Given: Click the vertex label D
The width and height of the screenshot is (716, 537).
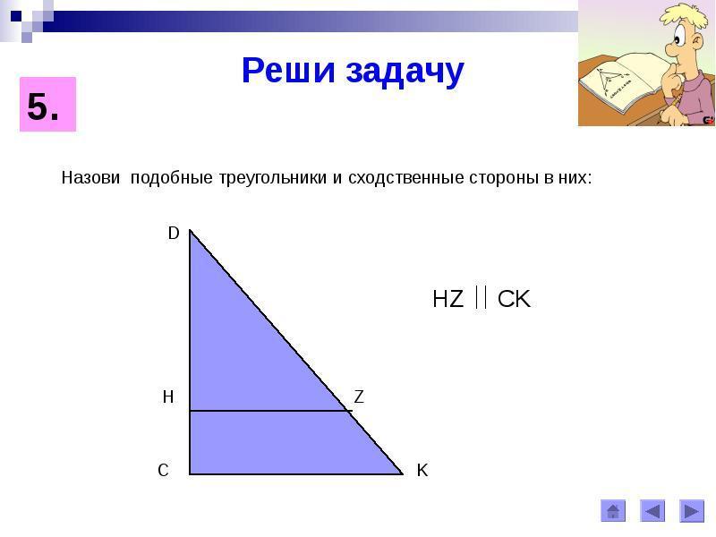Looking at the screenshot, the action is pos(174,234).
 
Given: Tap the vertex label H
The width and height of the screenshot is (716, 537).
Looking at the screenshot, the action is pos(168,396).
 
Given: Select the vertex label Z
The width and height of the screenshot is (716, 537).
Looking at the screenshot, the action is pos(359,396).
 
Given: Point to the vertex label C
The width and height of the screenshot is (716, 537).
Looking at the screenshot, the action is pos(163,470).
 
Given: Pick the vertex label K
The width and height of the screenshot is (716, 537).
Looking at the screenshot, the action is pos(422,470).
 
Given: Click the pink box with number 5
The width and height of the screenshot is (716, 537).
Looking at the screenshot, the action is pos(47,105).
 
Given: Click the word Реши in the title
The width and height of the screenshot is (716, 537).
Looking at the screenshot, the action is pos(288,71).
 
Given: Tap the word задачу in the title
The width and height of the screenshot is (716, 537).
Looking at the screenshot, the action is pos(405,72).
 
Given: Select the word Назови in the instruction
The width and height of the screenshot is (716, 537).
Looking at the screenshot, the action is pos(90,177).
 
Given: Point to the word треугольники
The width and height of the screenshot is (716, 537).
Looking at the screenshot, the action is pos(273,178).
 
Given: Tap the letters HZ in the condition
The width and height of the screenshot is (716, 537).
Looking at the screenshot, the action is pos(448,299).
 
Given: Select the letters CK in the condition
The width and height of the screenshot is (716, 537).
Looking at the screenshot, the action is pos(514,299).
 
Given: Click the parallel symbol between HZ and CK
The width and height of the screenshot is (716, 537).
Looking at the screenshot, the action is pos(481,297).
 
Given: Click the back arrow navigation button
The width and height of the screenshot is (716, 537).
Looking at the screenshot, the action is pos(652,511).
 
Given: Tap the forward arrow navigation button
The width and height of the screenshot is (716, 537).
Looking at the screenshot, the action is pos(692,511).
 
